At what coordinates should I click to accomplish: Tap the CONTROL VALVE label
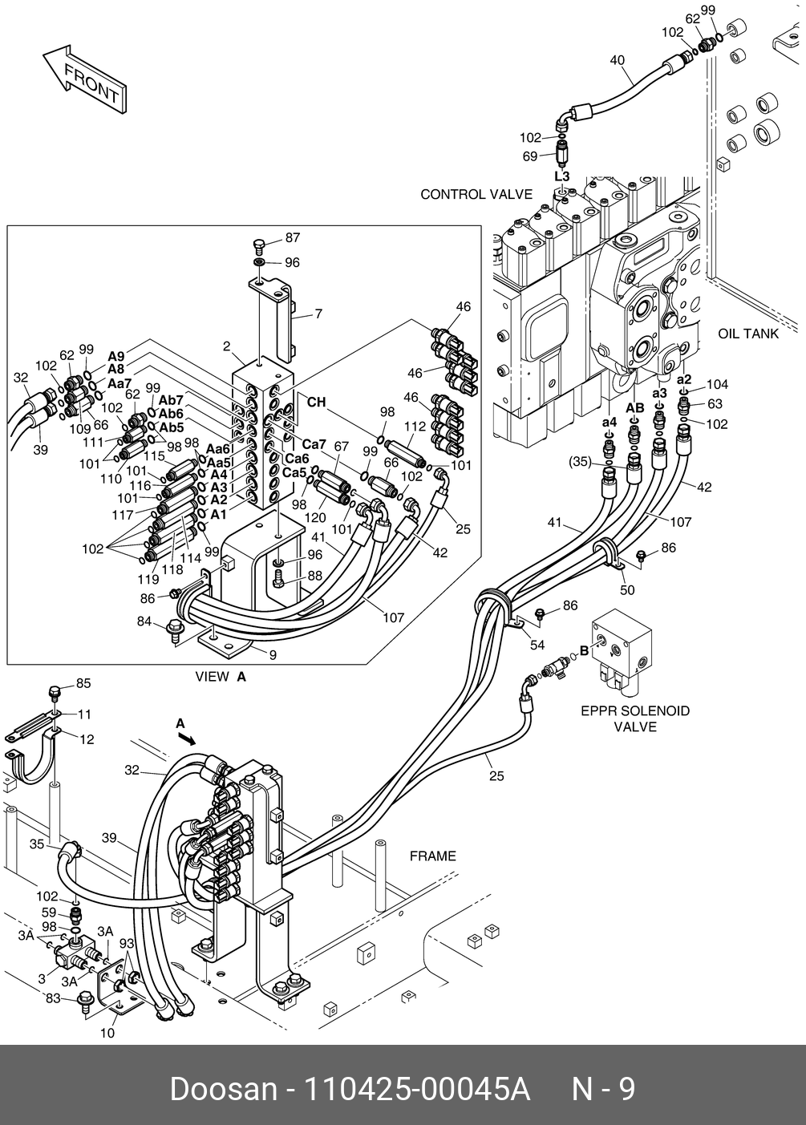click(x=476, y=194)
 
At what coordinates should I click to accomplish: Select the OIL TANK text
click(x=747, y=334)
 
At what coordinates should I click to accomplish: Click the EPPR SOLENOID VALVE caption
click(x=634, y=718)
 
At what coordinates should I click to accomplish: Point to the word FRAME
click(x=432, y=856)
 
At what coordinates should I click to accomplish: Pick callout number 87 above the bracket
click(x=292, y=238)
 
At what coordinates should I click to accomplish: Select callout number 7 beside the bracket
click(x=318, y=314)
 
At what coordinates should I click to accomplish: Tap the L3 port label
click(x=562, y=176)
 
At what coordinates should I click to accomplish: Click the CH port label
click(x=317, y=403)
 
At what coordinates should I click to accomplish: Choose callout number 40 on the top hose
click(x=617, y=60)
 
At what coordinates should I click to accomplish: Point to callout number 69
click(x=529, y=156)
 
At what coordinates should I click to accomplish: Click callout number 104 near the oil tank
click(x=716, y=385)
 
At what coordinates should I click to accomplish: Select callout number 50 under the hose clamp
click(x=627, y=590)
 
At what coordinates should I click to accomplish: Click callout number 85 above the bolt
click(x=83, y=683)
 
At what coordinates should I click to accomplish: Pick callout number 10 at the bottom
click(x=107, y=1034)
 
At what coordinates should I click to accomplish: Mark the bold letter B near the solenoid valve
click(x=585, y=651)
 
